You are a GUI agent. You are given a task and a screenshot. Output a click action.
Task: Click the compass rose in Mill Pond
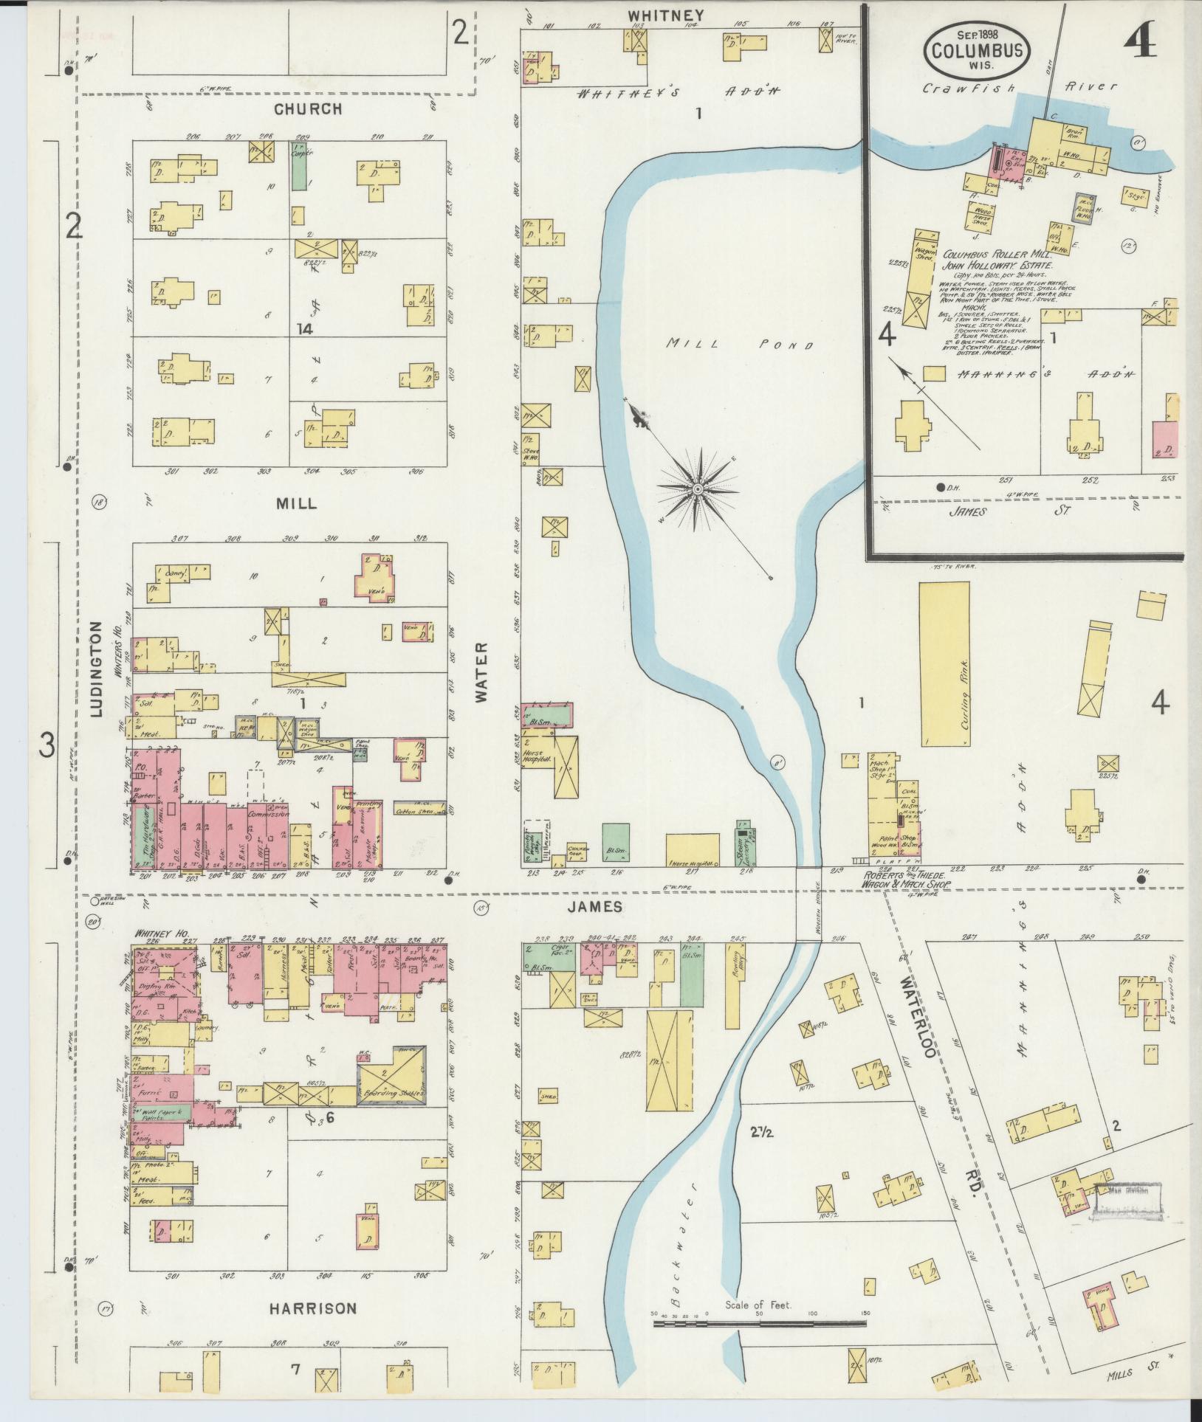697,489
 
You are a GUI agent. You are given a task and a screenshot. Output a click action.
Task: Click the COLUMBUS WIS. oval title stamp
976,50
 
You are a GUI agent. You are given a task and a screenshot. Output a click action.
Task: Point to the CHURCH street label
308,109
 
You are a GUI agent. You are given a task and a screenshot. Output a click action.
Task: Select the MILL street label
296,504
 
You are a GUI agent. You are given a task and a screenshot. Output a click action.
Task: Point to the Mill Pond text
739,345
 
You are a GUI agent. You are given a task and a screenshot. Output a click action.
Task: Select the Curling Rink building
944,663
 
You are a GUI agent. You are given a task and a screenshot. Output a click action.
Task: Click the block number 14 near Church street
305,329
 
